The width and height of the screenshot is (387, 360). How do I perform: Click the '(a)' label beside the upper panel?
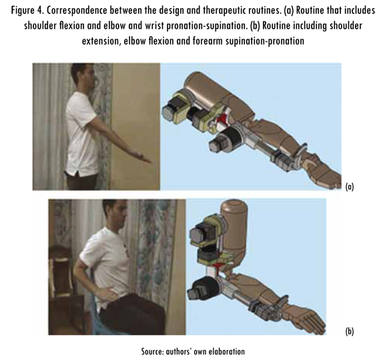point(350,186)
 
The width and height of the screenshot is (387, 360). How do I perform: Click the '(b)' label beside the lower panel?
point(350,331)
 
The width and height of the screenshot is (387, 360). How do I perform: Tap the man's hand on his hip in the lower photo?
point(107,294)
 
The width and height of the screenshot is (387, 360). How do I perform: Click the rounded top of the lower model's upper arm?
point(234,206)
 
